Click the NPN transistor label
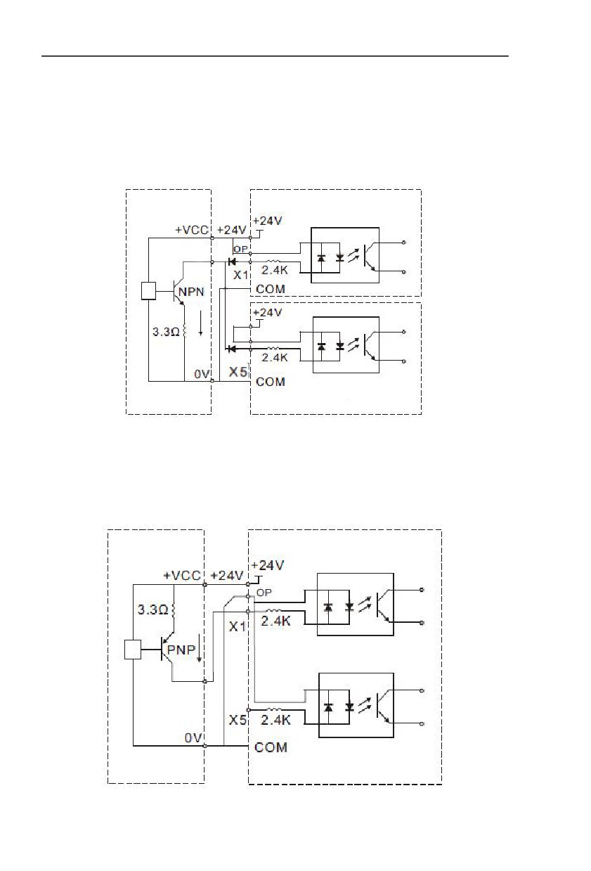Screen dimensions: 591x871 [x=191, y=292]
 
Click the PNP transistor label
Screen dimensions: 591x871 [x=181, y=650]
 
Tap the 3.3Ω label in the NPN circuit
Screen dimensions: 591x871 [x=166, y=332]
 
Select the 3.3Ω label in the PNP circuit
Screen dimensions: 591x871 [x=152, y=609]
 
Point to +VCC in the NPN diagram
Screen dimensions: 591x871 [x=192, y=230]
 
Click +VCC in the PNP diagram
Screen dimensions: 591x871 [x=182, y=576]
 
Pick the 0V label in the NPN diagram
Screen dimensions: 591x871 [x=202, y=374]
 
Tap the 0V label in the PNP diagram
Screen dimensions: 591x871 [x=193, y=737]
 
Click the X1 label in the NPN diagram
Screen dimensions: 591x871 [x=240, y=275]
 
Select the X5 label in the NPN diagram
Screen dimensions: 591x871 [x=238, y=372]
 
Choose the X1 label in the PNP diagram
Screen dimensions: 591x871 [x=238, y=626]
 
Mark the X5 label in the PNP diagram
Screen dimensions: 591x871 [x=238, y=720]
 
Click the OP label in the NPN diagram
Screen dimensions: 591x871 [x=240, y=250]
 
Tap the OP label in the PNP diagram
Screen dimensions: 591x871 [x=264, y=593]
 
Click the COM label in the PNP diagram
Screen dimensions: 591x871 [x=271, y=747]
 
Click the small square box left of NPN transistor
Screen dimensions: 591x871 [x=148, y=291]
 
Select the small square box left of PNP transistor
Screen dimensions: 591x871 [x=133, y=650]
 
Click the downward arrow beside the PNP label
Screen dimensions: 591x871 [x=199, y=648]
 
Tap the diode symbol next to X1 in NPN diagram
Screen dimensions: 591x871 [x=232, y=262]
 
